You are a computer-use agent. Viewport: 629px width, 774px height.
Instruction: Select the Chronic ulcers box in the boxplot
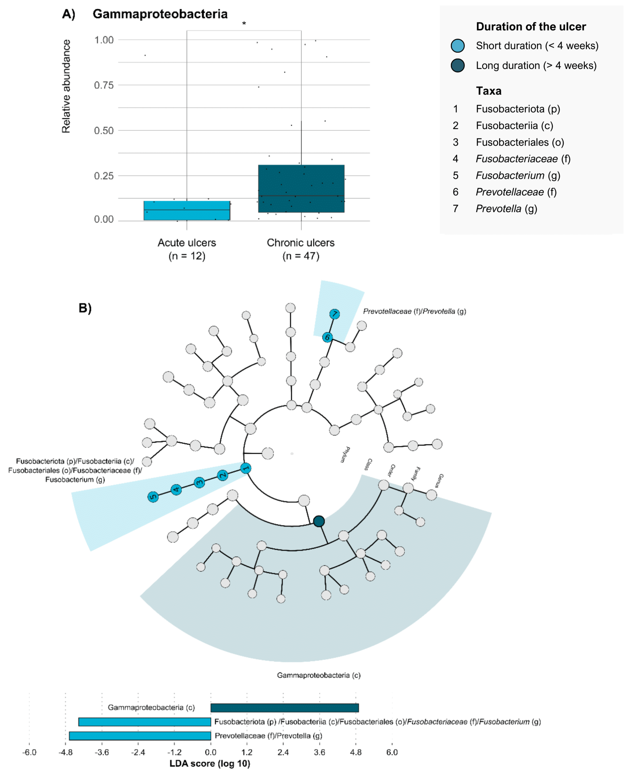(x=301, y=189)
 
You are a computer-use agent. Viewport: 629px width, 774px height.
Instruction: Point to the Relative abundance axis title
(x=66, y=86)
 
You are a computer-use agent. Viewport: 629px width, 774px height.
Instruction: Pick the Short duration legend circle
(x=458, y=46)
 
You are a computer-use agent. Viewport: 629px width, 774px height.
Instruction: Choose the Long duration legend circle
(x=458, y=66)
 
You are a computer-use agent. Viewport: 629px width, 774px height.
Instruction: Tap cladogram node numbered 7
(x=334, y=314)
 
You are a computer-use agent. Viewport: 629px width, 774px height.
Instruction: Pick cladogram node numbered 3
(x=199, y=483)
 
